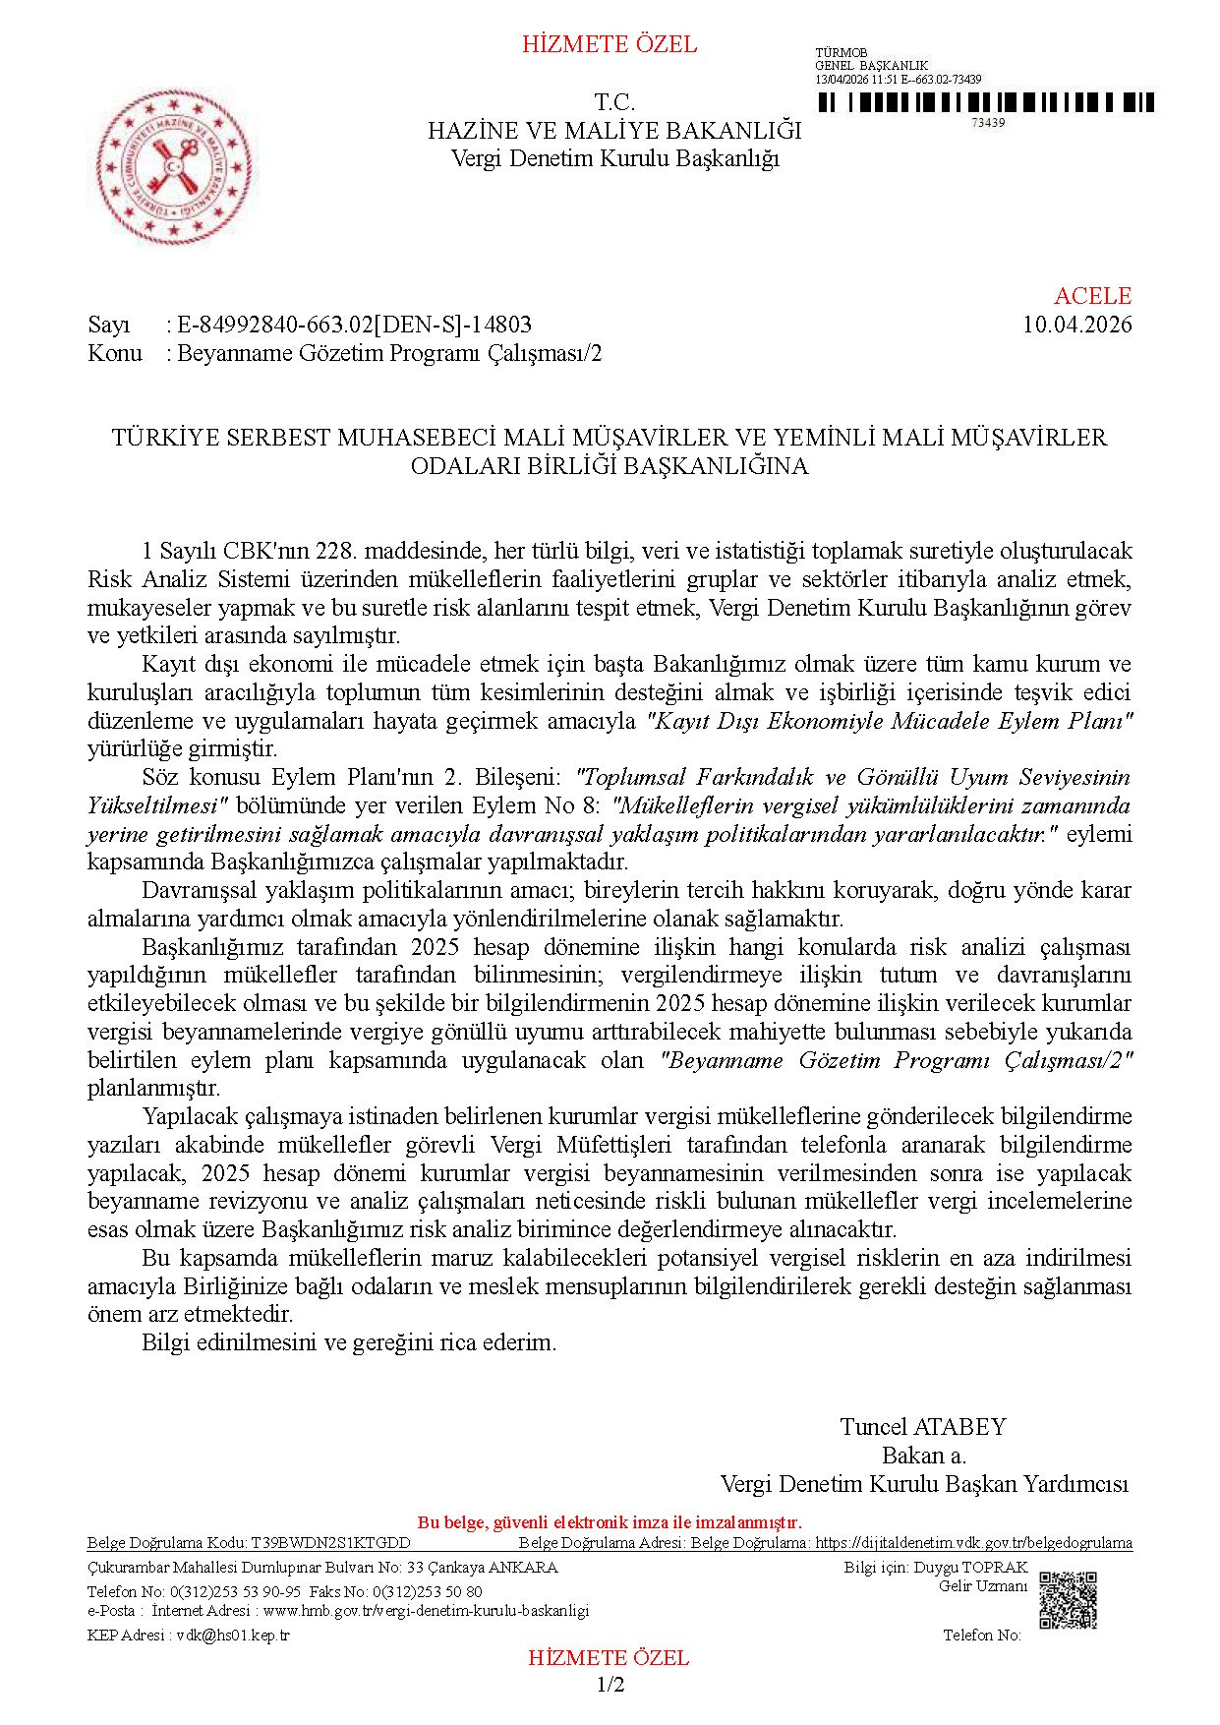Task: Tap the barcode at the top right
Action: (x=986, y=103)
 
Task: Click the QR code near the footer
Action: (x=1068, y=1600)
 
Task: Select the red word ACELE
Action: (x=1092, y=296)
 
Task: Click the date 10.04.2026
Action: (x=1076, y=325)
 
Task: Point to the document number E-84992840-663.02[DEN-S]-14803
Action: (x=354, y=325)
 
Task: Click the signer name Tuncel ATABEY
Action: (x=923, y=1427)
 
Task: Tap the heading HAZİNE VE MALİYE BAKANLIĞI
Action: (x=614, y=131)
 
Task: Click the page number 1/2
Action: (x=610, y=1685)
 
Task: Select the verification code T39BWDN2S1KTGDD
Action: (x=330, y=1543)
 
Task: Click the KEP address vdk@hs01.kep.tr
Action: (x=232, y=1635)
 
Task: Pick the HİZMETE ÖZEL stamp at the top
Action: (x=610, y=44)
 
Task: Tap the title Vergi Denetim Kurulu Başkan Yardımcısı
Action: (x=924, y=1484)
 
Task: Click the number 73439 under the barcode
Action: (x=987, y=123)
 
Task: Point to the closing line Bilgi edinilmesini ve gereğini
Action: (x=349, y=1342)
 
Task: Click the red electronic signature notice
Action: (x=610, y=1522)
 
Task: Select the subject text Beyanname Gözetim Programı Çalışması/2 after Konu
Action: (x=389, y=353)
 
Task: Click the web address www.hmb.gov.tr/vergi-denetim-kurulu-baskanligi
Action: (x=426, y=1611)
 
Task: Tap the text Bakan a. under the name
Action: (x=923, y=1456)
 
